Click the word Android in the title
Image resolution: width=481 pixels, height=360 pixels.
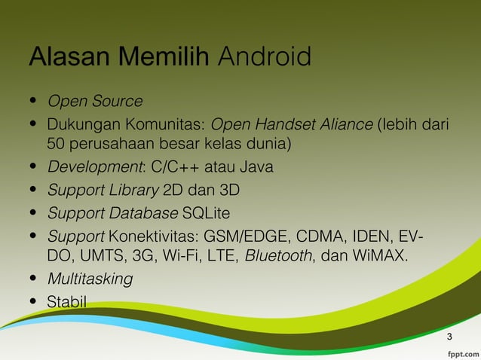[x=264, y=56]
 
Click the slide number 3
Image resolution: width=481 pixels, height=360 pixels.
[x=449, y=335]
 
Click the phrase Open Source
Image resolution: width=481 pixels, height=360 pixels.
[x=95, y=101]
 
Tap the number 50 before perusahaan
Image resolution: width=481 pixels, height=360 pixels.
[x=57, y=143]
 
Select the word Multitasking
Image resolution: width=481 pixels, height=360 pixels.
[x=90, y=279]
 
